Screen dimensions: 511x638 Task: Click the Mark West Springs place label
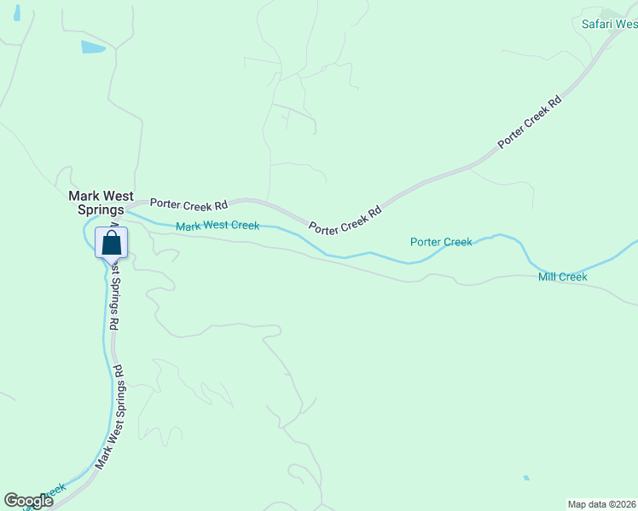click(96, 202)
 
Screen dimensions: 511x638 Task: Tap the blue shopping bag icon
click(111, 243)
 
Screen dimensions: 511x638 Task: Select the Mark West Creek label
click(217, 226)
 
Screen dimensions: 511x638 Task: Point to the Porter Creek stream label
click(441, 242)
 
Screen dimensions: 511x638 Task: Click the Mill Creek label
click(563, 277)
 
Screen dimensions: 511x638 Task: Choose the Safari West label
click(609, 24)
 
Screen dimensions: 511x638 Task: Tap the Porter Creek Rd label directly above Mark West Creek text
click(189, 204)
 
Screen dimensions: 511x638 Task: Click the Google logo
click(28, 501)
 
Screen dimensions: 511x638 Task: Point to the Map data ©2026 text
click(602, 504)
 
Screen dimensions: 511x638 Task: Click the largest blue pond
click(93, 47)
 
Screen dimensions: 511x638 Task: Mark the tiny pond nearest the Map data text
click(526, 478)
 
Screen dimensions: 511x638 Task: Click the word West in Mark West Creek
click(217, 226)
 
